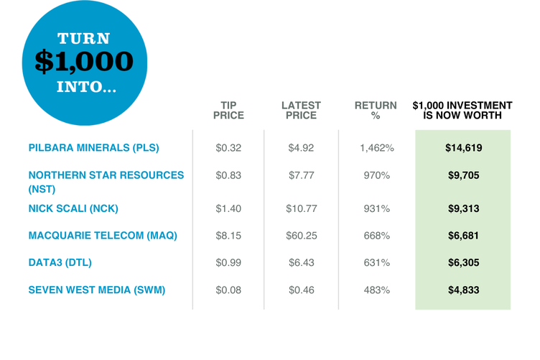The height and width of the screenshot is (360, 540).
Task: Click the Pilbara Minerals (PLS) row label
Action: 93,149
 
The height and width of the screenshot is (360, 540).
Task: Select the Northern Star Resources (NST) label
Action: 105,182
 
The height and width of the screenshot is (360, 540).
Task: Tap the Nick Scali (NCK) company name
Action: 73,209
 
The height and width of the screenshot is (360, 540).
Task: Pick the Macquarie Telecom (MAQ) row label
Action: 102,236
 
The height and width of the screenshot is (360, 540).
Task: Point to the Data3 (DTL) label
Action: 60,263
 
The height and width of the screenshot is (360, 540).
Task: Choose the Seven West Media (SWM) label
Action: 96,290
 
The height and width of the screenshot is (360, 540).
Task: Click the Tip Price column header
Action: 228,110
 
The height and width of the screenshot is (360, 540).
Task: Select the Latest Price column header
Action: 301,110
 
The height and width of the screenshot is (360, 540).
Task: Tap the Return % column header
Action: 376,110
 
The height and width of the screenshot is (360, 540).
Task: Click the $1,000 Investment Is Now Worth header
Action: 462,110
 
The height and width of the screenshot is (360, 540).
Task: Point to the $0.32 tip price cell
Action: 228,149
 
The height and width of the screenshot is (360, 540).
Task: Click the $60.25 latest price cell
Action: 301,236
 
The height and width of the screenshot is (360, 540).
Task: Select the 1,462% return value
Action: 376,149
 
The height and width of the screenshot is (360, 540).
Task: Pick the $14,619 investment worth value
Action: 463,149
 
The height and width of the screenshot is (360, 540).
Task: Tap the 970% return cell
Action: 376,176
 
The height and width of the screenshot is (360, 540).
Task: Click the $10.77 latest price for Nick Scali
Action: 301,209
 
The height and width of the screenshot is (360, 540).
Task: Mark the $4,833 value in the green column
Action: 463,290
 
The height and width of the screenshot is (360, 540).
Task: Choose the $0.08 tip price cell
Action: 228,290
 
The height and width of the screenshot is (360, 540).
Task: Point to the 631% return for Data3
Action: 376,263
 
